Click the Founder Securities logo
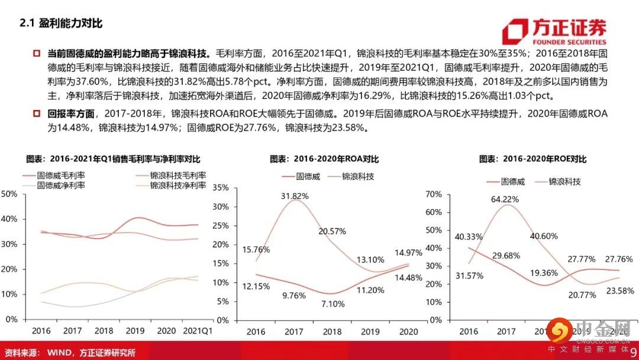point(554,32)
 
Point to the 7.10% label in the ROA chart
point(330,304)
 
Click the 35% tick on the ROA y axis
point(220,188)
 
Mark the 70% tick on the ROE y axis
point(434,195)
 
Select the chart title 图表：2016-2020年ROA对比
point(324,159)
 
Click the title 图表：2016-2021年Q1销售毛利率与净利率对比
point(113,159)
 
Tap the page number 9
point(633,352)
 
